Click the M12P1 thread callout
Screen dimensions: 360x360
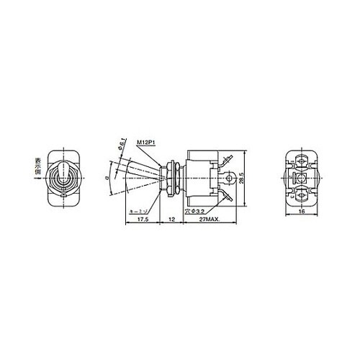point(148,143)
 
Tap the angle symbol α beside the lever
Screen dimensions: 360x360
point(106,175)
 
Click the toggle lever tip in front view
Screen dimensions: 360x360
point(63,171)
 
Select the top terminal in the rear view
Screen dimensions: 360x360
point(303,158)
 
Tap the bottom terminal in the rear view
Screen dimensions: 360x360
point(303,195)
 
